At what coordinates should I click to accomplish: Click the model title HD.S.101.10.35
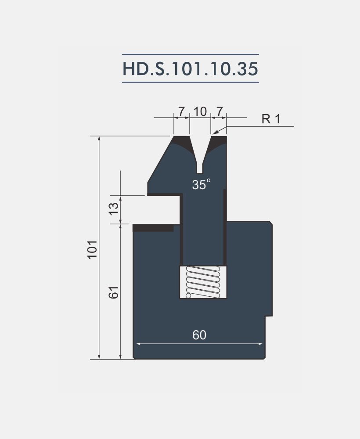tap(190, 68)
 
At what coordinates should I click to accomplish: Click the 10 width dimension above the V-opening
tap(200, 112)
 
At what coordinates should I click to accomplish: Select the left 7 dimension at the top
tap(181, 112)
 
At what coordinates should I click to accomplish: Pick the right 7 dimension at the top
tap(220, 112)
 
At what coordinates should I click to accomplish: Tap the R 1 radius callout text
tap(270, 119)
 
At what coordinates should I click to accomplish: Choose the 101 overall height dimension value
tap(92, 249)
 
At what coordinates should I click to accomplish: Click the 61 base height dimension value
tap(114, 292)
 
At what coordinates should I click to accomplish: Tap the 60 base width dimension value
tap(199, 335)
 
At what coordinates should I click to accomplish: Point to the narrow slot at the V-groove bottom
tap(200, 168)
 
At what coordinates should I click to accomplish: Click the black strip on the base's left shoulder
tap(153, 228)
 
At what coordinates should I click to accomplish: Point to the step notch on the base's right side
tap(268, 315)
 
